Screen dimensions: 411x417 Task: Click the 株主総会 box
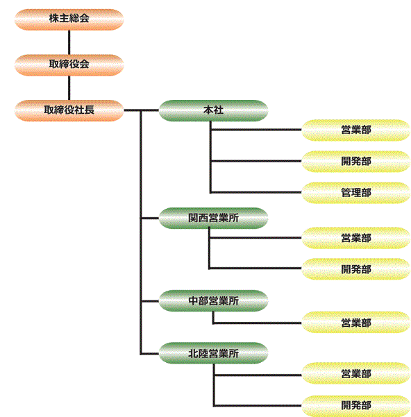(x=69, y=19)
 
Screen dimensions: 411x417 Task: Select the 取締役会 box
(x=69, y=65)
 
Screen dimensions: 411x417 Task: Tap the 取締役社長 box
(x=69, y=110)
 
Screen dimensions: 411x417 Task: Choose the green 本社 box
(x=213, y=110)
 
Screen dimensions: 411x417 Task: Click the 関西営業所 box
(x=213, y=219)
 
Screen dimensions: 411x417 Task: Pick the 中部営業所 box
(x=213, y=301)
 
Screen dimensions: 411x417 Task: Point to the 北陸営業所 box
(x=213, y=353)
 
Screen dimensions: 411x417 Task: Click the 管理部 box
(x=356, y=193)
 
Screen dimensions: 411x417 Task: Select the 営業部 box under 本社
(x=356, y=130)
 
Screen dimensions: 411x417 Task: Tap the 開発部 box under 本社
(x=356, y=162)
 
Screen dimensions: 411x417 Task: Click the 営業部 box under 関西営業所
(x=356, y=238)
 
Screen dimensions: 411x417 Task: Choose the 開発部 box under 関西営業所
(x=356, y=269)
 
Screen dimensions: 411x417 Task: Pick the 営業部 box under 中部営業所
(x=356, y=323)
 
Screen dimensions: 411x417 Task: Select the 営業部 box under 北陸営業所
(x=356, y=373)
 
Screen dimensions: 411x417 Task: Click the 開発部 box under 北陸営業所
(x=356, y=406)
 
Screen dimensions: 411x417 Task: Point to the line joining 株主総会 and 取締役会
(x=69, y=42)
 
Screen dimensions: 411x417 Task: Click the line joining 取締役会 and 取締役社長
(x=69, y=87)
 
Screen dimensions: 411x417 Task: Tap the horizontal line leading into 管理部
(x=256, y=192)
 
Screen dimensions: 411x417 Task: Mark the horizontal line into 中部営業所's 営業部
(x=258, y=323)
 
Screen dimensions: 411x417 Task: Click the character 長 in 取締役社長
(x=90, y=110)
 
